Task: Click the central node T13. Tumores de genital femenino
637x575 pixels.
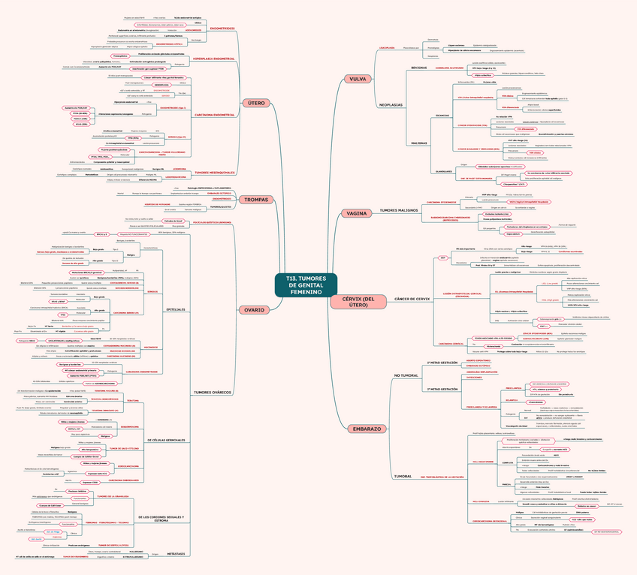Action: click(306, 290)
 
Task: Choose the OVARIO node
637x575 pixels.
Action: click(254, 310)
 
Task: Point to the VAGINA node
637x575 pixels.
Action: click(356, 213)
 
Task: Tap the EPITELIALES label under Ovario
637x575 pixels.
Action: click(175, 309)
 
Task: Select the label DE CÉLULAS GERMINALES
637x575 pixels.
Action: click(165, 439)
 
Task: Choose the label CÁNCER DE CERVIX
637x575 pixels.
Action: click(412, 299)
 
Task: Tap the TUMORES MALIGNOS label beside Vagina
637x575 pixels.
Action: click(398, 210)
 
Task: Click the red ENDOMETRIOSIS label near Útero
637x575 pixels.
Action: click(222, 29)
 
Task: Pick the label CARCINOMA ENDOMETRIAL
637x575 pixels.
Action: click(214, 115)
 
